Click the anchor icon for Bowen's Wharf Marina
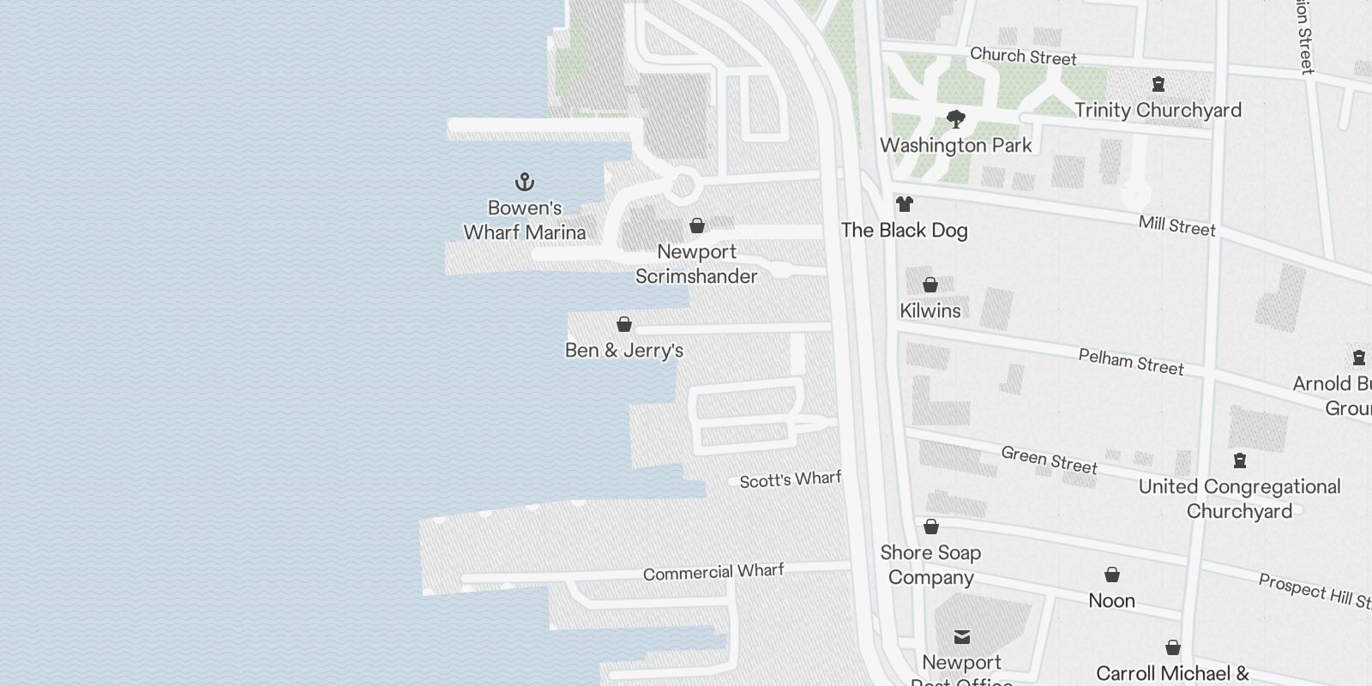524,182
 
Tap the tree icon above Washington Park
955,119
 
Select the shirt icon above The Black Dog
904,204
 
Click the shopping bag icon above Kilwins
930,285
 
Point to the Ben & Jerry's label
624,350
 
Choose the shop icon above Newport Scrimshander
697,226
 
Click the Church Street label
1023,57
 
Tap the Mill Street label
1176,226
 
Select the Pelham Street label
1131,362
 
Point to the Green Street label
1049,460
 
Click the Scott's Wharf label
790,479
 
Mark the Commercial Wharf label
713,572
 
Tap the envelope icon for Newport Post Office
961,636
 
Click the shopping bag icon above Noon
1111,575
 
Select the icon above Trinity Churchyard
1158,84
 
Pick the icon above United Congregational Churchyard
1239,461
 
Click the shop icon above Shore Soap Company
930,527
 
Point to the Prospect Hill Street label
1315,591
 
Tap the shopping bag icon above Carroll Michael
1172,647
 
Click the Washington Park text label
956,146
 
